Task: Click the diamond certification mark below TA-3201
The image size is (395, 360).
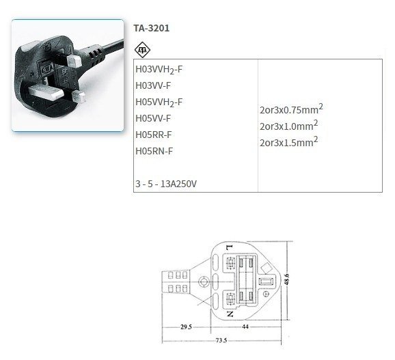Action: pos(142,49)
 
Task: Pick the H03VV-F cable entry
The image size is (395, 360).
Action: pos(154,85)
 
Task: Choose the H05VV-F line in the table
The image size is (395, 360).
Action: pos(154,118)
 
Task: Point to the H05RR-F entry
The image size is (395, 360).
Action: pos(154,135)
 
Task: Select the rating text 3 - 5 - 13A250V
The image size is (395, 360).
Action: pos(167,184)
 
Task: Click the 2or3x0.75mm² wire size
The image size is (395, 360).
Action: pos(291,109)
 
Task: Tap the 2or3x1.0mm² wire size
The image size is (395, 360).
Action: pos(288,126)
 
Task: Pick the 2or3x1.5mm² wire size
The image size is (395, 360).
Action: pos(288,142)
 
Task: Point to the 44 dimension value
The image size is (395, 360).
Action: pos(245,327)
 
